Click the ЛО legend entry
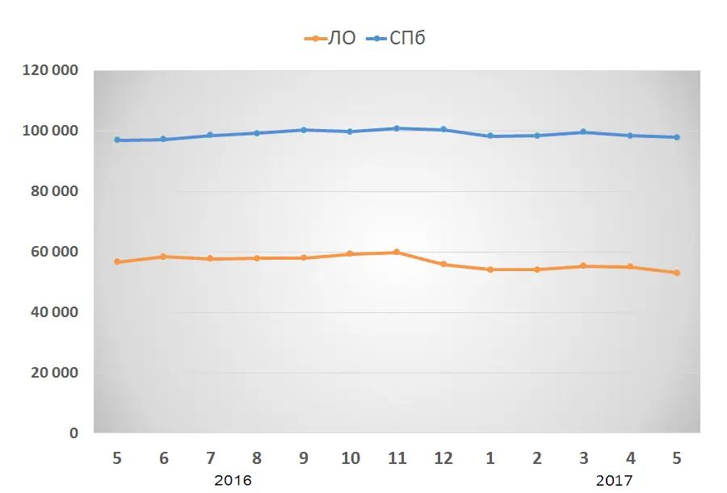(x=330, y=38)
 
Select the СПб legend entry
(x=396, y=38)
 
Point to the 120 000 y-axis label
(x=51, y=70)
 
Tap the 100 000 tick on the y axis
(x=51, y=131)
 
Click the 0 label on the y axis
(x=74, y=433)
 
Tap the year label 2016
(x=233, y=480)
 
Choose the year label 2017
(x=615, y=480)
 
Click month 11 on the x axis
(x=397, y=457)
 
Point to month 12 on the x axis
(x=443, y=457)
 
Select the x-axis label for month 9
(x=304, y=457)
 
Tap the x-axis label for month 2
(x=537, y=457)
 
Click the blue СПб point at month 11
(x=397, y=128)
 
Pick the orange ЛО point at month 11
(x=397, y=252)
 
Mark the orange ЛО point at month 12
(x=443, y=264)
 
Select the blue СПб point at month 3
(x=583, y=132)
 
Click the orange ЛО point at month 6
(x=163, y=257)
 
